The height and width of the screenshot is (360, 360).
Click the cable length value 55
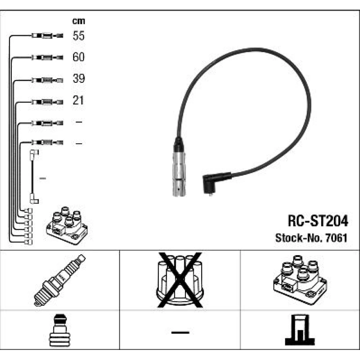[78, 36]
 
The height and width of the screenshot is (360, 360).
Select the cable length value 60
[78, 57]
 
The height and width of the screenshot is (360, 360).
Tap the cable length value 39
[78, 78]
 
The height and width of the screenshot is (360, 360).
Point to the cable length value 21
[78, 100]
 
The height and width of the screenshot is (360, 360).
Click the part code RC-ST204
[318, 221]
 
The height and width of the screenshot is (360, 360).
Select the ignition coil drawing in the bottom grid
[300, 280]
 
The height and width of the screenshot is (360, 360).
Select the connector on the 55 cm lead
[47, 36]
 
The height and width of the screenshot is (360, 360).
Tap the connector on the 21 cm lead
[47, 102]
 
